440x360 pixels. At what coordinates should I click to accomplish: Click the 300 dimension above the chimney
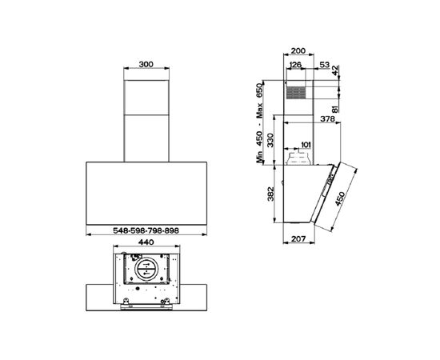point(146,64)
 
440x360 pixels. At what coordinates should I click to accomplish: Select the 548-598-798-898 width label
point(146,230)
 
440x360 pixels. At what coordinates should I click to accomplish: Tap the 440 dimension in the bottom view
point(146,242)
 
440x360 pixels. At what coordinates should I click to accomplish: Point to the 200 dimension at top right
point(298,50)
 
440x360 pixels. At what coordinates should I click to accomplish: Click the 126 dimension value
point(295,65)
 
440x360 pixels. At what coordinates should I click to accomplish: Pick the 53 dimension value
point(324,65)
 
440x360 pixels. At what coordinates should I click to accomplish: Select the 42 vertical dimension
point(335,70)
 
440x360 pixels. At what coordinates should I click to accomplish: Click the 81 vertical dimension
point(335,107)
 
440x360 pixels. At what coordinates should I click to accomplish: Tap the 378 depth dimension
point(327,118)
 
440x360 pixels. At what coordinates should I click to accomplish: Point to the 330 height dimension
point(270,140)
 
